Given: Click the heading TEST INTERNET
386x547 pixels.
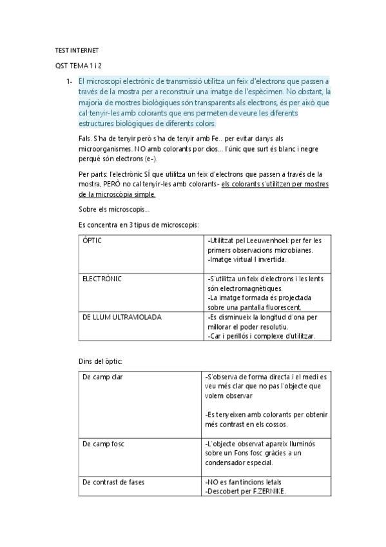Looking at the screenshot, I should click(x=77, y=51).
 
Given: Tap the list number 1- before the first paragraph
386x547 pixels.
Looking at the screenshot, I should click(x=69, y=82).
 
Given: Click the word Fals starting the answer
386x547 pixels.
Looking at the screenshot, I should click(x=84, y=139).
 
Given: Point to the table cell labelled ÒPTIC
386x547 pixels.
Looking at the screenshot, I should click(x=93, y=240).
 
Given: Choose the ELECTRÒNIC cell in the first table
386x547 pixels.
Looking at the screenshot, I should click(x=102, y=279).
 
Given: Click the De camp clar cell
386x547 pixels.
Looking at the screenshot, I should click(x=102, y=376).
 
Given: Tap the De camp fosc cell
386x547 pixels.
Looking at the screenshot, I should click(x=104, y=444).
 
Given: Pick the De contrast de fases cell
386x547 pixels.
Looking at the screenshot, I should click(x=113, y=482).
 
